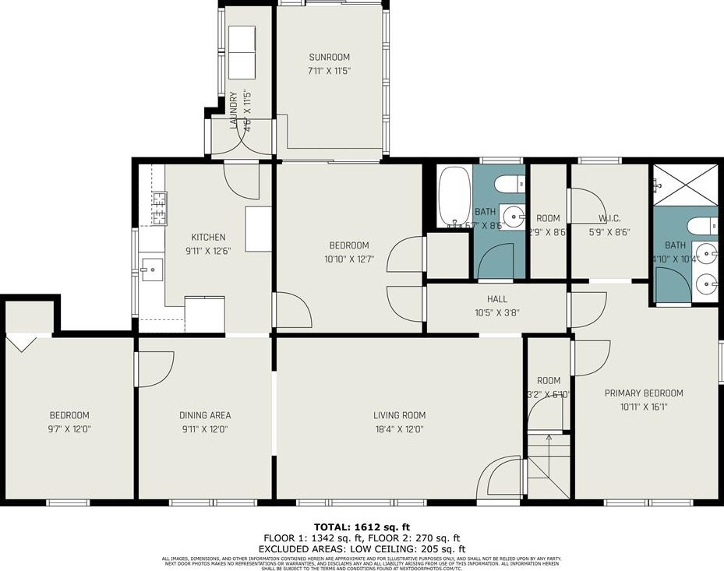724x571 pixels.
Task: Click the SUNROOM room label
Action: [x=329, y=57]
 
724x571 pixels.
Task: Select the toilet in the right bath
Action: [x=706, y=225]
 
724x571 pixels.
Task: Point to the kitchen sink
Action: [x=151, y=271]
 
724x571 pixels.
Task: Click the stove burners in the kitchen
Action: [x=158, y=208]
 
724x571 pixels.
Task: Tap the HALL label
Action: [x=497, y=299]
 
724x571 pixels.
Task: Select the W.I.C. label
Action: [x=609, y=219]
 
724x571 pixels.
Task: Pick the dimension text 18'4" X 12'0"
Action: [x=399, y=428]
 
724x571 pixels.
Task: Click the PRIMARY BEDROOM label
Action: [x=644, y=393]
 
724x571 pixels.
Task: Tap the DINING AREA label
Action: [x=205, y=415]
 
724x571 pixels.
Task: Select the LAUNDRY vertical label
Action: [x=233, y=113]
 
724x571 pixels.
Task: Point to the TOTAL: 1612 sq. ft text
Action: [x=362, y=526]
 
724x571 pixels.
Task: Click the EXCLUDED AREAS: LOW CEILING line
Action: [x=362, y=548]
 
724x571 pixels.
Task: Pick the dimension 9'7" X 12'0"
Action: [x=69, y=428]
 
